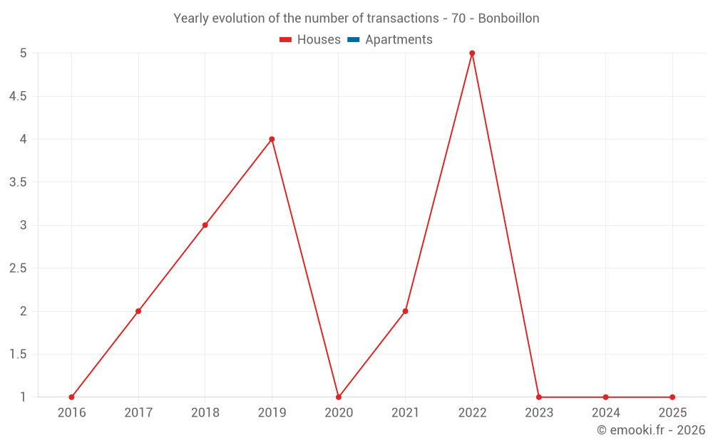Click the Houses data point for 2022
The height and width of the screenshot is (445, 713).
pos(472,53)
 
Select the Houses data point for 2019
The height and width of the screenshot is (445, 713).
pos(272,139)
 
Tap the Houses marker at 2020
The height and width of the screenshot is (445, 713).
pos(339,397)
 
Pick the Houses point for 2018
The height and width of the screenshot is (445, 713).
pos(205,225)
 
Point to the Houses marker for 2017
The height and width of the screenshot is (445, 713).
pos(138,311)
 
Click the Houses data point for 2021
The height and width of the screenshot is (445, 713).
pos(405,311)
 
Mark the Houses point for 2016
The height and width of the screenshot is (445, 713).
pos(71,397)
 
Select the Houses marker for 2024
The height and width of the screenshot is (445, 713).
pos(605,397)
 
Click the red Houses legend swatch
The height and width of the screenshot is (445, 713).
pos(285,40)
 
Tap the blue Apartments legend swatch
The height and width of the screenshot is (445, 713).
pos(353,40)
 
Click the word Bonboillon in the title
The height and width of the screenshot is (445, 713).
pos(508,18)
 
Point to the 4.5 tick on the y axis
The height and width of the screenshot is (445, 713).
pos(18,96)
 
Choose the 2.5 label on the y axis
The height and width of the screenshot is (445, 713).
pos(18,268)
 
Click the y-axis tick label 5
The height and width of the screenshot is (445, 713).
pos(23,53)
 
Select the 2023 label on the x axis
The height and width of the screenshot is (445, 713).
pos(538,412)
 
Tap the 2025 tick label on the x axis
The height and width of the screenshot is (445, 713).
pos(672,412)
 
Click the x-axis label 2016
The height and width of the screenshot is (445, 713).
pos(71,412)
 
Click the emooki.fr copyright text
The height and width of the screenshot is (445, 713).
pos(651,430)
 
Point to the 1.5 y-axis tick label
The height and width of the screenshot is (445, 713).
pos(18,355)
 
